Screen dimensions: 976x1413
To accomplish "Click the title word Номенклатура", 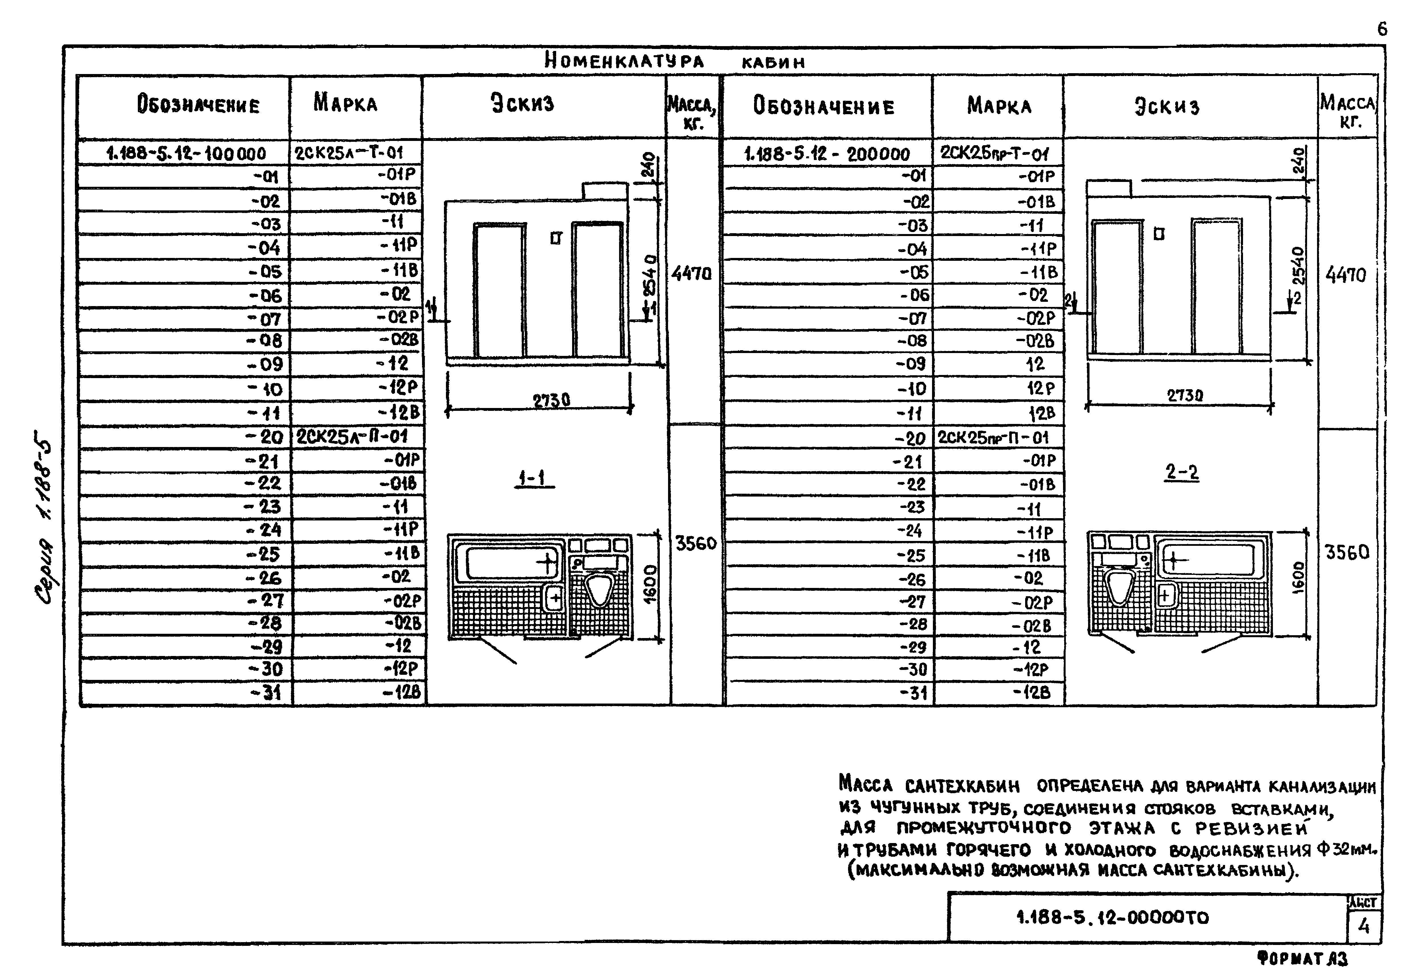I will coord(624,61).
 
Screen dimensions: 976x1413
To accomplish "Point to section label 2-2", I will coord(1182,472).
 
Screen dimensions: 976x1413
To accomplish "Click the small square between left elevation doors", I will coord(555,238).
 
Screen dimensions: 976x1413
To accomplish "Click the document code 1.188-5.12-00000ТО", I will coord(1112,918).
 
